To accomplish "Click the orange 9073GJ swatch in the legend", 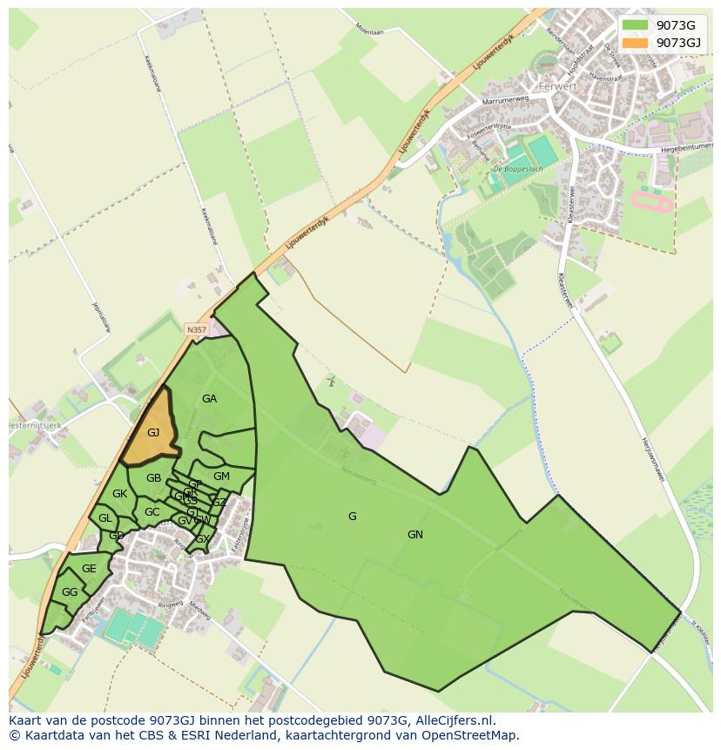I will click(x=636, y=43).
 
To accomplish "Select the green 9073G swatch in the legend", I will click(x=636, y=24).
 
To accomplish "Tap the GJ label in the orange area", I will click(x=153, y=433).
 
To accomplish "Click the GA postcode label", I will click(x=209, y=399).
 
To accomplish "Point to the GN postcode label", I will click(x=415, y=535).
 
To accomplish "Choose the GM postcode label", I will click(x=221, y=476).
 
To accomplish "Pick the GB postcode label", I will click(x=153, y=478).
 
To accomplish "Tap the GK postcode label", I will click(x=120, y=494).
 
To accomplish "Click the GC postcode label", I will click(x=152, y=512).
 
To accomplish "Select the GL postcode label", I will click(x=105, y=518).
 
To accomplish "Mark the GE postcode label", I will click(x=89, y=569).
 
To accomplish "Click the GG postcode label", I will click(x=70, y=592).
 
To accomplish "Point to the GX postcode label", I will click(x=202, y=539).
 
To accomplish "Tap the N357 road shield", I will click(x=197, y=329).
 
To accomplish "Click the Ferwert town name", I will click(x=558, y=87).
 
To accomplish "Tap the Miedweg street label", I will click(x=201, y=611).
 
